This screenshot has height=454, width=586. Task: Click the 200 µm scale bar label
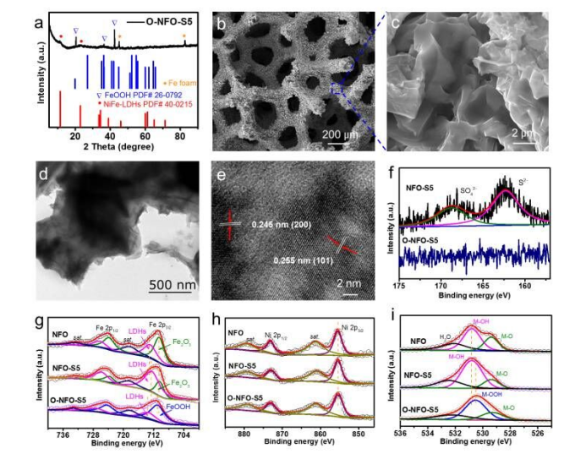click(x=343, y=134)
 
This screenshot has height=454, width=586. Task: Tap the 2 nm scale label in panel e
click(x=348, y=284)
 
